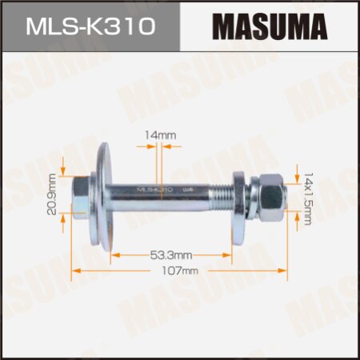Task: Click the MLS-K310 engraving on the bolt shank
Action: click(x=156, y=190)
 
